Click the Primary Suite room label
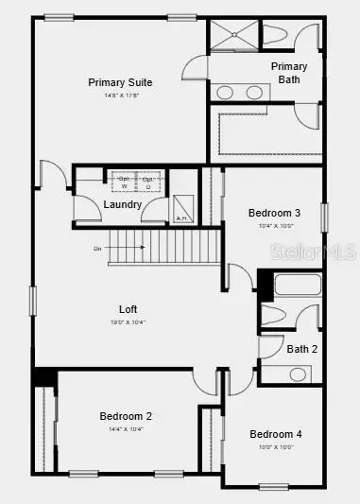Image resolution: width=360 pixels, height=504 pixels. tap(121, 82)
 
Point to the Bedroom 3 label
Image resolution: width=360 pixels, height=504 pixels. tap(275, 214)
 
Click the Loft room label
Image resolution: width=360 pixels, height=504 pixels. tap(129, 309)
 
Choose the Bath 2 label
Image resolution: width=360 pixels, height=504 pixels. tap(302, 348)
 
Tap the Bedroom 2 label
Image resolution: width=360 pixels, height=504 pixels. tap(127, 416)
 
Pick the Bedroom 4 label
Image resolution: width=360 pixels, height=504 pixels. tap(276, 434)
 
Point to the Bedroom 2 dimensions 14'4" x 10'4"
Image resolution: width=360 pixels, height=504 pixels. tap(127, 429)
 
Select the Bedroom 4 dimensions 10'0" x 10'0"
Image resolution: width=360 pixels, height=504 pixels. tap(276, 448)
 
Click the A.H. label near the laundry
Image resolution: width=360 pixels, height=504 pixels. tap(182, 218)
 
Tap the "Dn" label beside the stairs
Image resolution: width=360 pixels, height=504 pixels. tap(97, 249)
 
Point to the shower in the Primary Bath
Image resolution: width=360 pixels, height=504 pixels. tap(231, 36)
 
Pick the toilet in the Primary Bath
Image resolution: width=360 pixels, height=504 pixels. tap(280, 35)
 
